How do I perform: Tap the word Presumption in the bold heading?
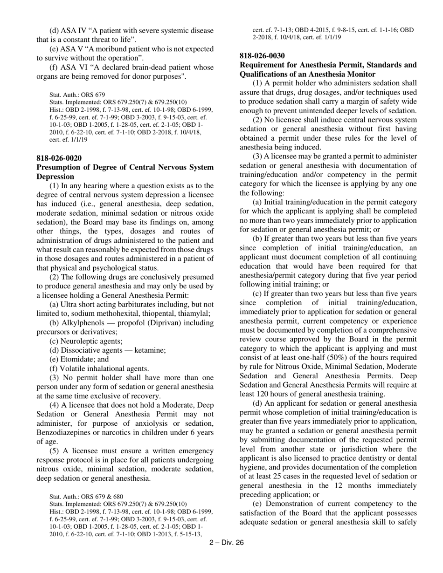pyautogui.click(x=60, y=167)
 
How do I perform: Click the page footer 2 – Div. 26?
pyautogui.click(x=227, y=542)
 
